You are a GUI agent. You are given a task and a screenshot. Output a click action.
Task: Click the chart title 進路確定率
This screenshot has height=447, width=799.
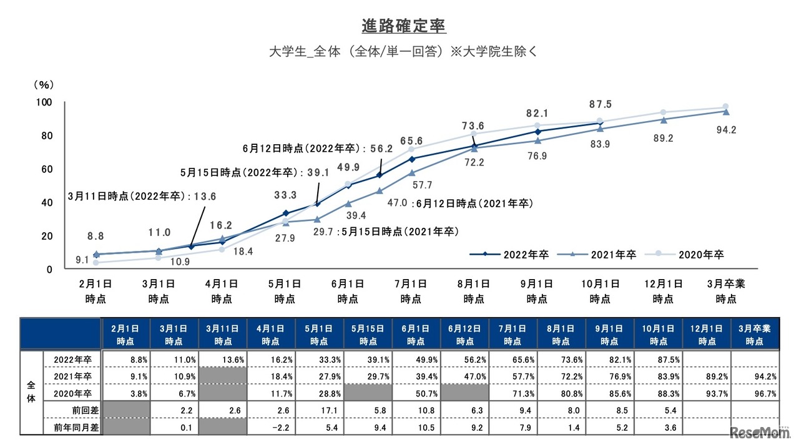(x=404, y=27)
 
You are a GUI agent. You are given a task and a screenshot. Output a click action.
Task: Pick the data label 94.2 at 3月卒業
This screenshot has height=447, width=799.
(x=725, y=130)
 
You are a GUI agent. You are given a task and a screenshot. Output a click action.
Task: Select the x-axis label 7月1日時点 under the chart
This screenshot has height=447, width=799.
(x=411, y=291)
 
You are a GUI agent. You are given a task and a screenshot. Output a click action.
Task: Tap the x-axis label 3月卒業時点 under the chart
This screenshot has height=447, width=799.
(x=725, y=291)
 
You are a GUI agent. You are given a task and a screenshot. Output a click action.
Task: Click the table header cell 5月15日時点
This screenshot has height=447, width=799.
(x=368, y=335)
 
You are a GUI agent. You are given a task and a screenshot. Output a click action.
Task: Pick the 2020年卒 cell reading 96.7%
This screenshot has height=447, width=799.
(x=755, y=393)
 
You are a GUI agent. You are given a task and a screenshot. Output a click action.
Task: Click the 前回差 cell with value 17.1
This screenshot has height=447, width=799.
(x=319, y=411)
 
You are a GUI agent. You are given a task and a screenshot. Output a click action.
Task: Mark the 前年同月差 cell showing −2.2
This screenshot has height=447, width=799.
(x=270, y=428)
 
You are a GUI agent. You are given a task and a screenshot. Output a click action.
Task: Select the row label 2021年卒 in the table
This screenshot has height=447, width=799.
(x=72, y=376)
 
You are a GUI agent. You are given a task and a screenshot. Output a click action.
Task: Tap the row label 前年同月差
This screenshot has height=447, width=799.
(x=72, y=428)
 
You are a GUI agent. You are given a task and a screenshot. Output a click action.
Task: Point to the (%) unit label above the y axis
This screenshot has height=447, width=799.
(x=44, y=84)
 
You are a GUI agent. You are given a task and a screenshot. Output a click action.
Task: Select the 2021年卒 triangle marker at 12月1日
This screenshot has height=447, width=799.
(x=663, y=120)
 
